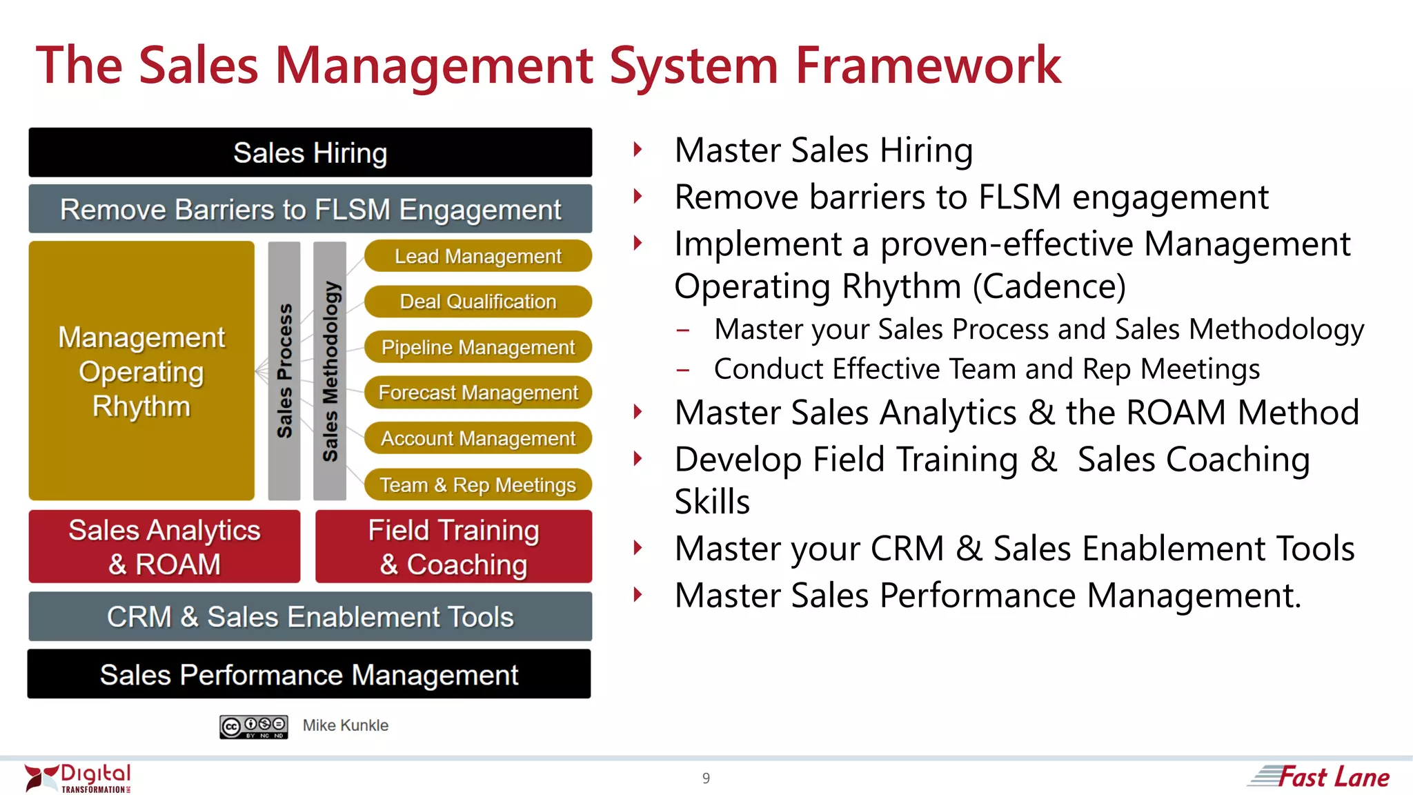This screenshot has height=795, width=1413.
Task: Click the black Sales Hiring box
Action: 310,153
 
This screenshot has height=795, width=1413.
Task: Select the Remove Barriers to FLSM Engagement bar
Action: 310,209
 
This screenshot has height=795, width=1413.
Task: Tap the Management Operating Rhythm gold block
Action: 141,371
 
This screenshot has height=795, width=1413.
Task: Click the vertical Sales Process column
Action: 284,371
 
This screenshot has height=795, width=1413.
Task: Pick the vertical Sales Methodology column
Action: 330,371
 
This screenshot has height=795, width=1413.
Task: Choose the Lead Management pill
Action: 477,256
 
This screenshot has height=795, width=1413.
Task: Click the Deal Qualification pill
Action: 477,302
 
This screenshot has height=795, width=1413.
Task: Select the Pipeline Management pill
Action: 477,347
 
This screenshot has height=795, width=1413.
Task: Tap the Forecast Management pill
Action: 477,393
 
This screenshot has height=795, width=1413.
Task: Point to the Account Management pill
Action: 477,438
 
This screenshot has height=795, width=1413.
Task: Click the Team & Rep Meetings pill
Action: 477,484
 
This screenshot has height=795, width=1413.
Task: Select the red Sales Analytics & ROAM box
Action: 164,547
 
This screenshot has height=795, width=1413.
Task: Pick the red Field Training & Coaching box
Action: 453,547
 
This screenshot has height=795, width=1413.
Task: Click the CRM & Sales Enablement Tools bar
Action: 310,616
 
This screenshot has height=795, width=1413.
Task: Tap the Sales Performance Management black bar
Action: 309,674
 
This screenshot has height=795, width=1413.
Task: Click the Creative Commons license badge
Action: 254,727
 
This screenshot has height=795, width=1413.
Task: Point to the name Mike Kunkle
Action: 345,725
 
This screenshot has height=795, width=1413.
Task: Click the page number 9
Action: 706,778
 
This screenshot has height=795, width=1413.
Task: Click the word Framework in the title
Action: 928,66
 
